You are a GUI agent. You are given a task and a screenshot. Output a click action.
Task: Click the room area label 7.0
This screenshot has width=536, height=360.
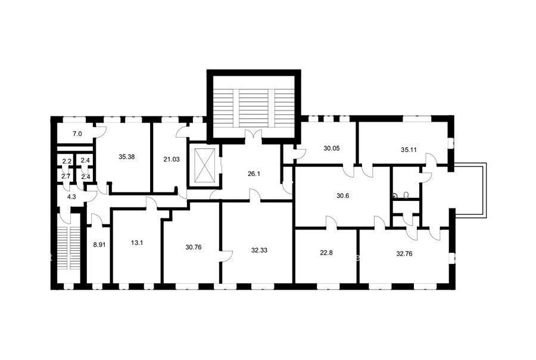click(x=77, y=134)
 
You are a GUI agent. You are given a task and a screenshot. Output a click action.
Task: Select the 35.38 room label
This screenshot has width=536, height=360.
click(x=126, y=157)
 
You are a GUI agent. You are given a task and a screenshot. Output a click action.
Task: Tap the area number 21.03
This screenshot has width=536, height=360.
click(x=172, y=159)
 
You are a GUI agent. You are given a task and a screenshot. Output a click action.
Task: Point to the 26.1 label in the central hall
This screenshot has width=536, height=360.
click(x=254, y=173)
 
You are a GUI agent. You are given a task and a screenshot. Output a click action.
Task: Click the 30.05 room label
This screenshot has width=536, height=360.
click(x=331, y=148)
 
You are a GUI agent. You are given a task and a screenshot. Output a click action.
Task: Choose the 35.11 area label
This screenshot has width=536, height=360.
click(x=409, y=150)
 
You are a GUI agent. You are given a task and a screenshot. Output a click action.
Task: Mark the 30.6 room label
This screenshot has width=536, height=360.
click(x=342, y=196)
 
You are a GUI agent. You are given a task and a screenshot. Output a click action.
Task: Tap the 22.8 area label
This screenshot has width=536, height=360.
click(x=326, y=253)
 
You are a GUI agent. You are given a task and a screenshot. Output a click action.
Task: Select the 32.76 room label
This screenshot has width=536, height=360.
click(x=404, y=254)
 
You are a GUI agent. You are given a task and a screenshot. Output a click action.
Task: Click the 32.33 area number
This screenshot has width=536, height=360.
click(x=259, y=250)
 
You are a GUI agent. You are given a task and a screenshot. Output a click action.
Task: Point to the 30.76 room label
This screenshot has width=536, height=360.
click(x=194, y=247)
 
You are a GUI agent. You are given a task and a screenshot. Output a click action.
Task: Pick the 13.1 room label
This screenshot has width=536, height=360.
click(x=137, y=243)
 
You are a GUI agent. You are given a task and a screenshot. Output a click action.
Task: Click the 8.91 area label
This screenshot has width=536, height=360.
click(x=98, y=245)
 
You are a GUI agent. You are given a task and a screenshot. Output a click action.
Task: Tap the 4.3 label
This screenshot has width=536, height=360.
click(x=71, y=197)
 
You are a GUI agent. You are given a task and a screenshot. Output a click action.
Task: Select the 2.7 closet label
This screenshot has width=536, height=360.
click(x=66, y=176)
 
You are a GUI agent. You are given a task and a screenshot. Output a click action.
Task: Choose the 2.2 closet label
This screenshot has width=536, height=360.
click(x=66, y=161)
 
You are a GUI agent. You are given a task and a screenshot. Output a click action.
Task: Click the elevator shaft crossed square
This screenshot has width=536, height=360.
click(x=204, y=165)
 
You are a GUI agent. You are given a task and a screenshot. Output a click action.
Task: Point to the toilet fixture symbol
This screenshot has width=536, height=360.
click(x=406, y=195)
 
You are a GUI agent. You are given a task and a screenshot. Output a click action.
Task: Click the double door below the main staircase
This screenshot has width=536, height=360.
click(x=254, y=135)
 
